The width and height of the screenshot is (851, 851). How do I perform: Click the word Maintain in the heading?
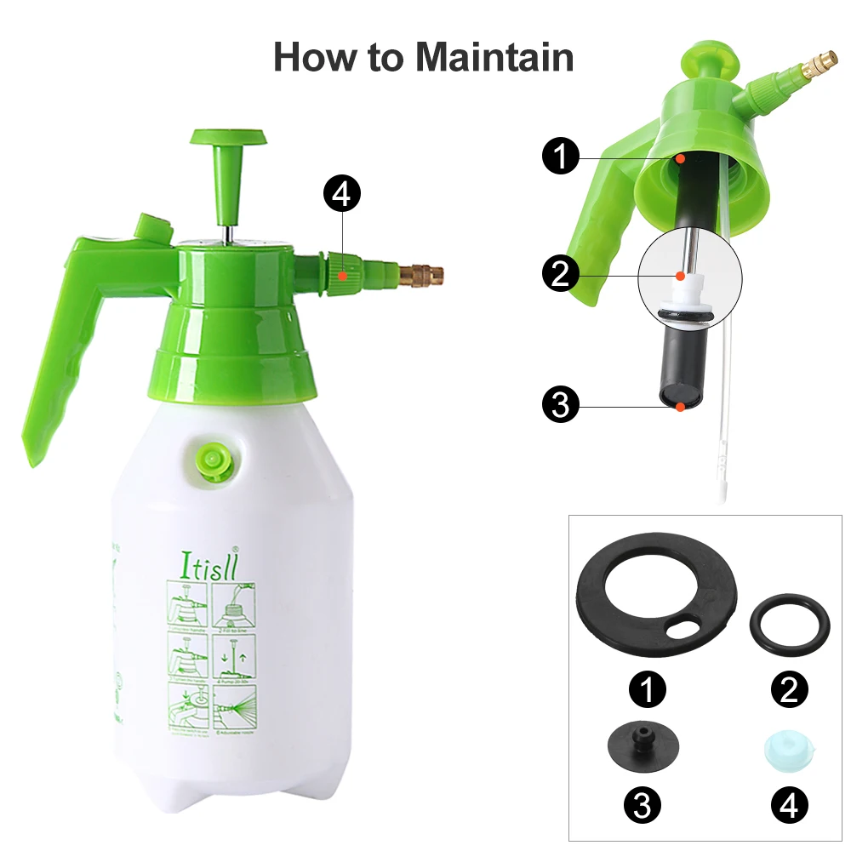click(494, 56)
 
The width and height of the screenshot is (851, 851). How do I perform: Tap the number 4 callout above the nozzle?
click(341, 195)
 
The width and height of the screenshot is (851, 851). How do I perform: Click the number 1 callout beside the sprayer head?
click(561, 157)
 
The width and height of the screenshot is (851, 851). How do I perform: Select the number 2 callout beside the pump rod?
click(561, 274)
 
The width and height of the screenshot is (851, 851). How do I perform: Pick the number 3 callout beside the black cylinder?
click(561, 405)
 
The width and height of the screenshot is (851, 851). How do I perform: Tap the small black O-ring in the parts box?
click(788, 627)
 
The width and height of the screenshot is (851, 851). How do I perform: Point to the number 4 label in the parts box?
click(789, 804)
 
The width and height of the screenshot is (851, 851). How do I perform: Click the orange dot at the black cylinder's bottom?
click(681, 408)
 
